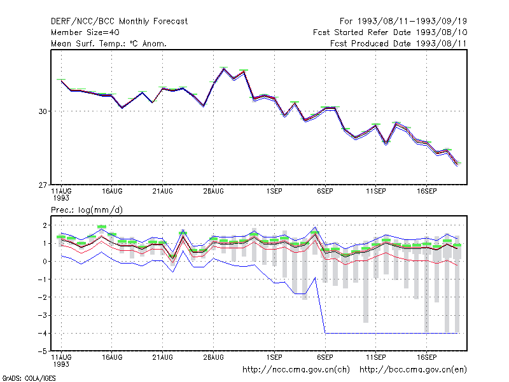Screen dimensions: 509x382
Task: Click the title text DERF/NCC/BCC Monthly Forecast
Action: (x=119, y=22)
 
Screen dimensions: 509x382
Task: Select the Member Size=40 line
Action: (x=85, y=32)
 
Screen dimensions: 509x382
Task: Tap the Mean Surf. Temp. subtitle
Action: (x=109, y=43)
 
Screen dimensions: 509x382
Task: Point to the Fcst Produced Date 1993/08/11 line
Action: (x=398, y=43)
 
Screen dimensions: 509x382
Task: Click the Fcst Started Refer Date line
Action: (x=390, y=32)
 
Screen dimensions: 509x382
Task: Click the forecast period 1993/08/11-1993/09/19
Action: (x=412, y=22)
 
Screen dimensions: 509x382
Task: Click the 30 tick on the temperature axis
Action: (x=43, y=111)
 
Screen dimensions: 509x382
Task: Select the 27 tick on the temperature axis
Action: (x=43, y=185)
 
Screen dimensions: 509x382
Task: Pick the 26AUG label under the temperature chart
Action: (x=213, y=192)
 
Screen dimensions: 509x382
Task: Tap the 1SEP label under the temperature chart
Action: (x=274, y=192)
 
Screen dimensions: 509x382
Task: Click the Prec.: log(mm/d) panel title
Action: (x=87, y=210)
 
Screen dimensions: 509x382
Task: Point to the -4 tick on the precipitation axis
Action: (x=43, y=333)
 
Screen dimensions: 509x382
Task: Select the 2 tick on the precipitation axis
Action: (x=45, y=225)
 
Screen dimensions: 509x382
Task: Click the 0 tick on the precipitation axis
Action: (x=45, y=262)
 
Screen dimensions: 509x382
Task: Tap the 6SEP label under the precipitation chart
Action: (x=325, y=357)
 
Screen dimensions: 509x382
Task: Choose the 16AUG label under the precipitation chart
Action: (x=112, y=357)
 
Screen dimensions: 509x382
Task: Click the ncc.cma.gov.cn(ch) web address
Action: (x=296, y=370)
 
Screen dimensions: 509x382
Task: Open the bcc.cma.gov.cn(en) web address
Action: (x=413, y=370)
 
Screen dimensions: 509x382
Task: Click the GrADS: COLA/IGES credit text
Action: (x=29, y=378)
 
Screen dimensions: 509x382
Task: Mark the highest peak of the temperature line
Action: (x=224, y=68)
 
